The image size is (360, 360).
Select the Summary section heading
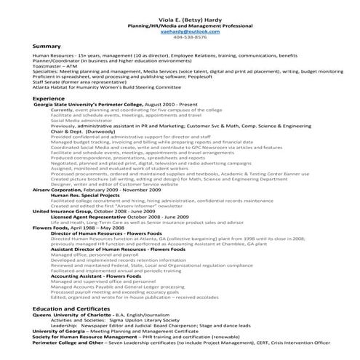click(47, 46)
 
